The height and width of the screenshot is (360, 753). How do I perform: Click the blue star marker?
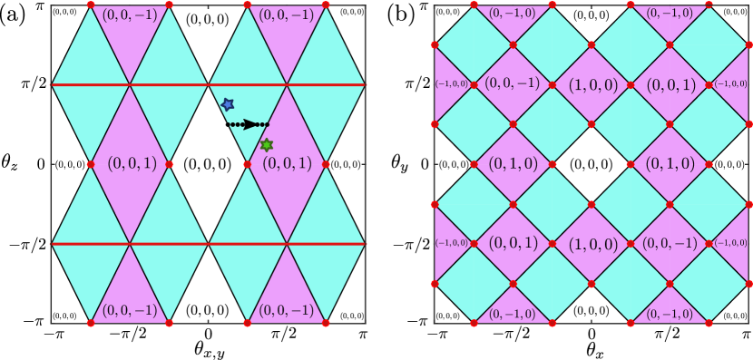point(228,105)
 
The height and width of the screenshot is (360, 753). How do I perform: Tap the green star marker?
point(267,145)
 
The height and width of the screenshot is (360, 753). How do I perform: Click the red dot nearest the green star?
point(248,164)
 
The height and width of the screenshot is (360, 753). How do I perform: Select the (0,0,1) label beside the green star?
point(287,164)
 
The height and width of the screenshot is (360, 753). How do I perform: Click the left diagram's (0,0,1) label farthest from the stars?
point(132,164)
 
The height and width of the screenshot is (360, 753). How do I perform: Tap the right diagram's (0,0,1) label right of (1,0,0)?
point(670,84)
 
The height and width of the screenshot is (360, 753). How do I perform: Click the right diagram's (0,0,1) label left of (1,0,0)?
point(513,244)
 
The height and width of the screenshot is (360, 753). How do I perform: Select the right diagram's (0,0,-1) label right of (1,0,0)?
point(670,244)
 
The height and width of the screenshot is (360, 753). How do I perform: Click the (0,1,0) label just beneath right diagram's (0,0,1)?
point(670,164)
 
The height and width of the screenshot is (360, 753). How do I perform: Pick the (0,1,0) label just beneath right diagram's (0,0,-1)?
point(513,164)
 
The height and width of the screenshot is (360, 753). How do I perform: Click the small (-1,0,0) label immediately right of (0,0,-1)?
point(732,244)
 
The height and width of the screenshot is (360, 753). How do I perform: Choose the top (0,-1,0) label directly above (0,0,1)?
point(670,14)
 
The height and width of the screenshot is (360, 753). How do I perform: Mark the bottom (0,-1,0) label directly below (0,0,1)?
point(513,315)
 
